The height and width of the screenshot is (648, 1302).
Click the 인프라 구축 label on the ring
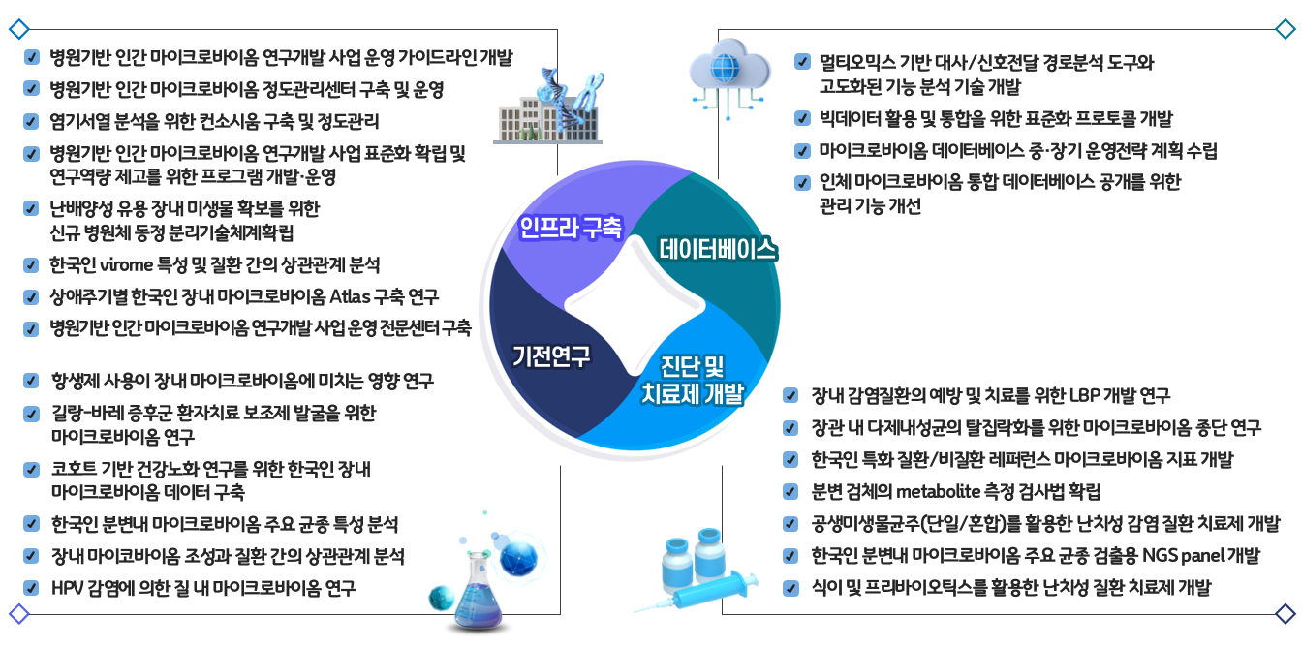tap(570, 229)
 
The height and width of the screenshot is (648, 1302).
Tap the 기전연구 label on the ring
tap(551, 356)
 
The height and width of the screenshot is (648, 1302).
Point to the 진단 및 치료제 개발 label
tap(693, 380)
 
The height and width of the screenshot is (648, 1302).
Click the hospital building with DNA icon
tap(547, 106)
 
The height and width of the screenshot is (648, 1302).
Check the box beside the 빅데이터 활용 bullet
tap(801, 119)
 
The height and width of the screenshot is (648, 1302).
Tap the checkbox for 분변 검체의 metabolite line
tap(791, 492)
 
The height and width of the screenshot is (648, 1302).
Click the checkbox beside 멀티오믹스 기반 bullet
tap(801, 62)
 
